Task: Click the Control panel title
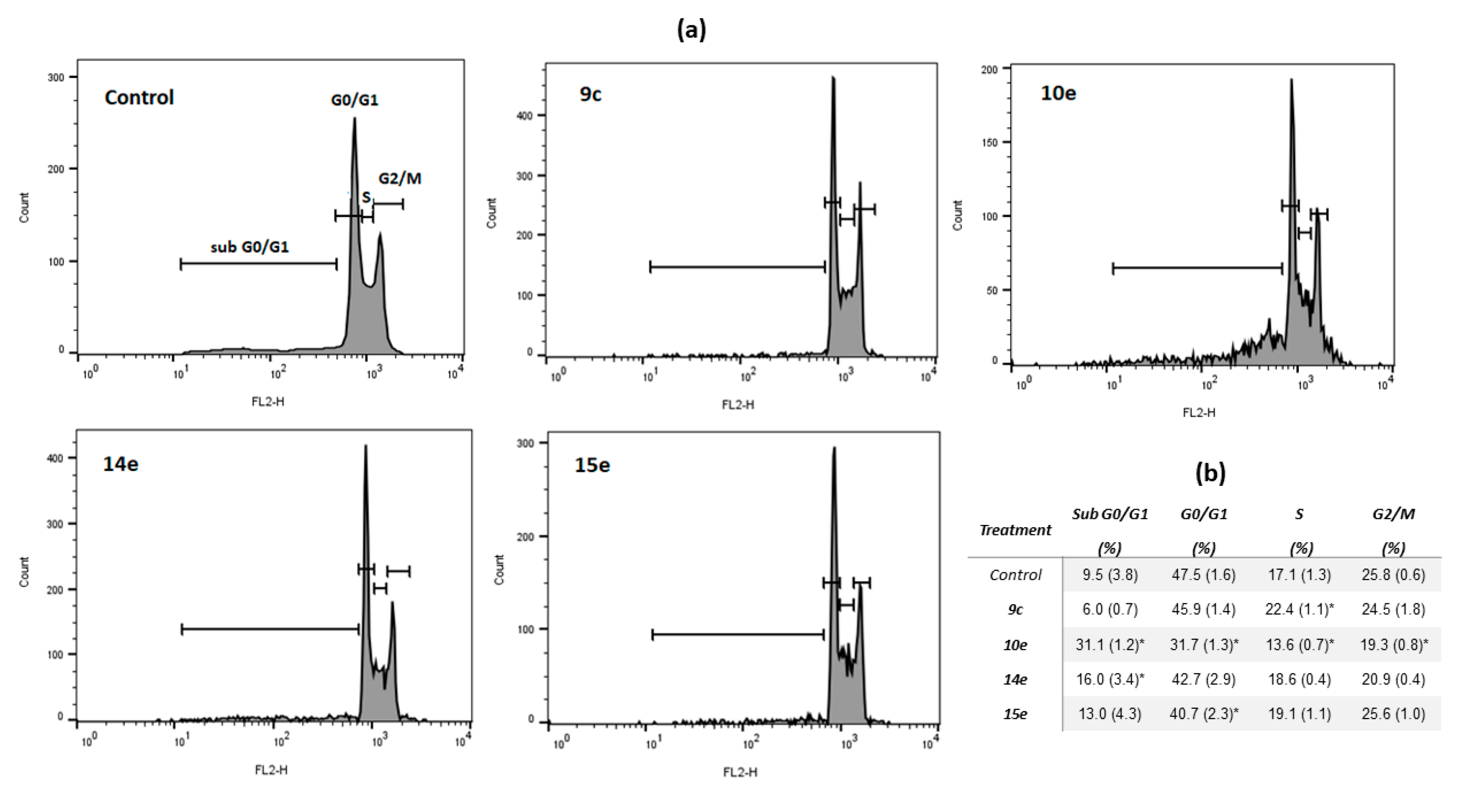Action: tap(139, 97)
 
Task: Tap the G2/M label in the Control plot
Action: tap(399, 179)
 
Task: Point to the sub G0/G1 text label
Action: tap(249, 247)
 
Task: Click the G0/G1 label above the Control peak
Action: tap(355, 100)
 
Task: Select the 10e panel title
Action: tap(1058, 93)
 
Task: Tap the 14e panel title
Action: tap(120, 464)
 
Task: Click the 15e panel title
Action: tap(592, 465)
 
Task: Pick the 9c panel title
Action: tap(590, 94)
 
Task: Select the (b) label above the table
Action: tap(1210, 473)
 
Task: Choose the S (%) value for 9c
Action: tap(1299, 609)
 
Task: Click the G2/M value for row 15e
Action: tap(1393, 714)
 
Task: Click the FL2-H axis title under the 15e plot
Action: tap(740, 772)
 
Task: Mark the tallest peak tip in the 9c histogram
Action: tap(833, 78)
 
